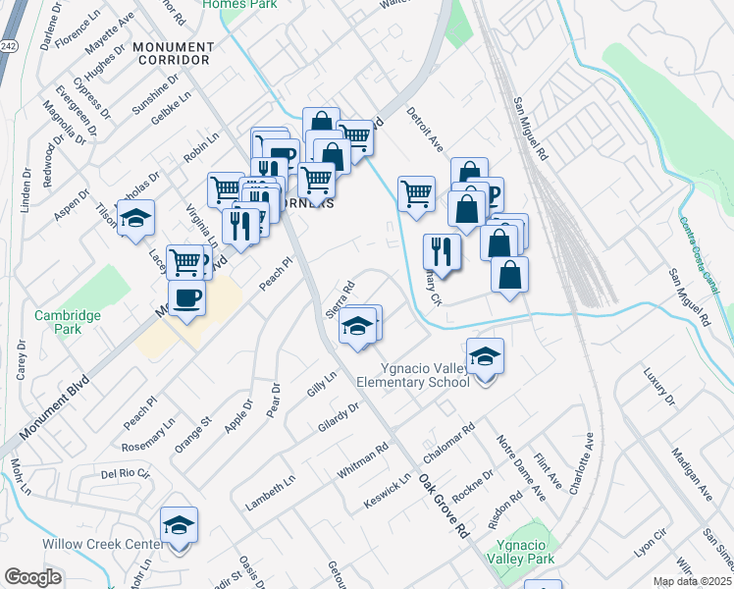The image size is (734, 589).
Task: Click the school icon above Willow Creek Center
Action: tap(179, 527)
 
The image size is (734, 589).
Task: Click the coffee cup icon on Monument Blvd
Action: tap(186, 296)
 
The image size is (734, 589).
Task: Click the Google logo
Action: tap(32, 577)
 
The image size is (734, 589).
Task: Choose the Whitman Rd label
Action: tap(363, 458)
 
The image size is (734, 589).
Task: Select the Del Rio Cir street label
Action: tap(126, 473)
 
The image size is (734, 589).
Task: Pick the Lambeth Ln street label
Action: tap(271, 493)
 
